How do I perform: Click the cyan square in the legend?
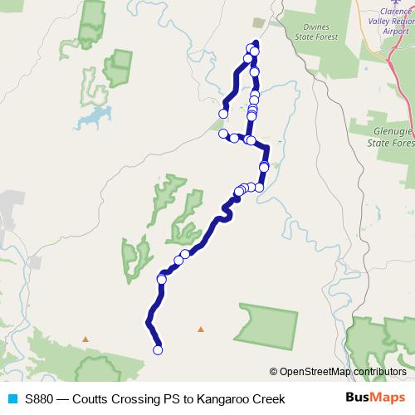[x=10, y=399]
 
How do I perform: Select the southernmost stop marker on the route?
[x=158, y=350]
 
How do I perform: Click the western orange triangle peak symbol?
[x=85, y=339]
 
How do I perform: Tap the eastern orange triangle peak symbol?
[x=200, y=330]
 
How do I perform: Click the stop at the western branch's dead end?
[x=222, y=114]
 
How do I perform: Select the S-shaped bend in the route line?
[x=224, y=212]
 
